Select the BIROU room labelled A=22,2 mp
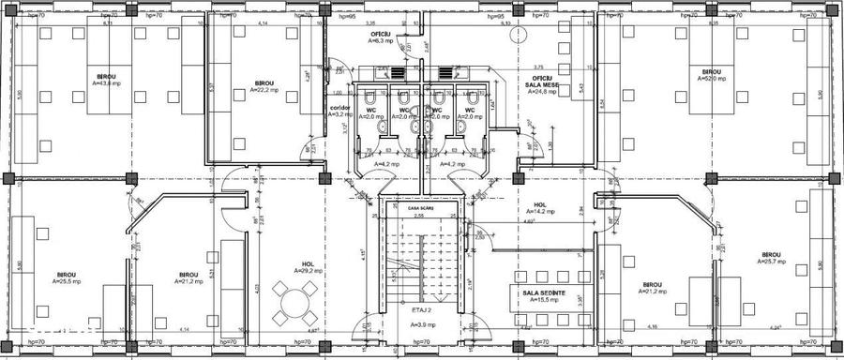pos(264,87)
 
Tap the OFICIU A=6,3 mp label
pos(380,38)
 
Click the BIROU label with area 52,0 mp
pos(711,75)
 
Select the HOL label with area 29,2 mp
pos(308,266)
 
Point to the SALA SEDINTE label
pos(544,295)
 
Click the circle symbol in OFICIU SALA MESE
pos(513,35)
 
